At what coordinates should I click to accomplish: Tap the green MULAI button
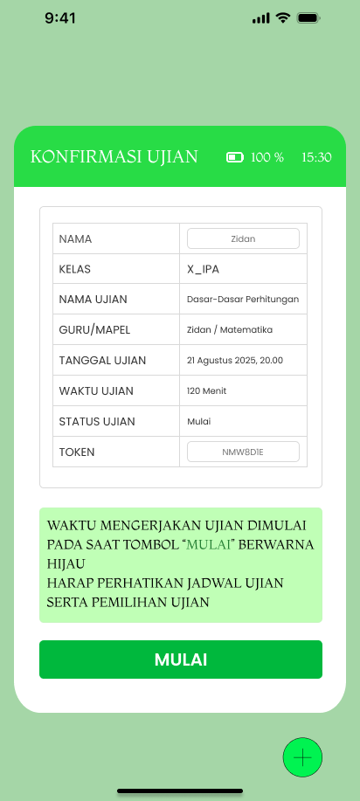[x=180, y=659]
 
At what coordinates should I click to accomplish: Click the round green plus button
[x=302, y=757]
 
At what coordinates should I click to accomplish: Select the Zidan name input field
[x=243, y=238]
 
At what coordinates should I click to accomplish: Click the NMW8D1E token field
[x=243, y=452]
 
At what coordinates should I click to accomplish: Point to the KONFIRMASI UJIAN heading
[x=114, y=157]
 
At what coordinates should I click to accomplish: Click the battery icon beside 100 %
[x=234, y=157]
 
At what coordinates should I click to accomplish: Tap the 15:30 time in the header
[x=316, y=157]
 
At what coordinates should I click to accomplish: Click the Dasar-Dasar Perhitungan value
[x=243, y=300]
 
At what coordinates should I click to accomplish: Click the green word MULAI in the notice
[x=211, y=545]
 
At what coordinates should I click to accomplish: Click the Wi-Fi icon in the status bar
[x=282, y=17]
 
